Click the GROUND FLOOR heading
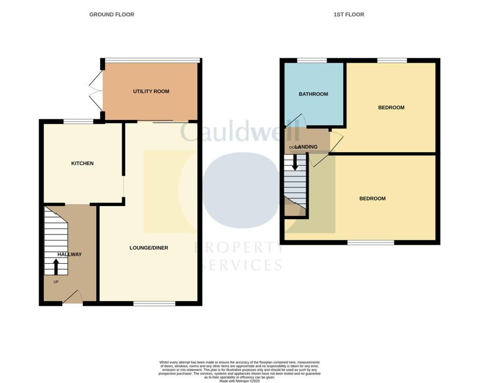[112, 15]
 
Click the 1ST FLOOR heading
[349, 15]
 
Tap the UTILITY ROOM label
[151, 91]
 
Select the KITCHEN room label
[82, 163]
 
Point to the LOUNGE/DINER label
[149, 248]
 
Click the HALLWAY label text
[69, 254]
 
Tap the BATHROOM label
[313, 94]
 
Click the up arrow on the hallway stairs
[56, 267]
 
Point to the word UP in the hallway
[56, 282]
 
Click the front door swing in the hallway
[73, 297]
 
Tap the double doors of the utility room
[96, 90]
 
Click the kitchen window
[79, 122]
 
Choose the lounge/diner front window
[154, 304]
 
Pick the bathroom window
[312, 60]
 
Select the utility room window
[152, 60]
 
